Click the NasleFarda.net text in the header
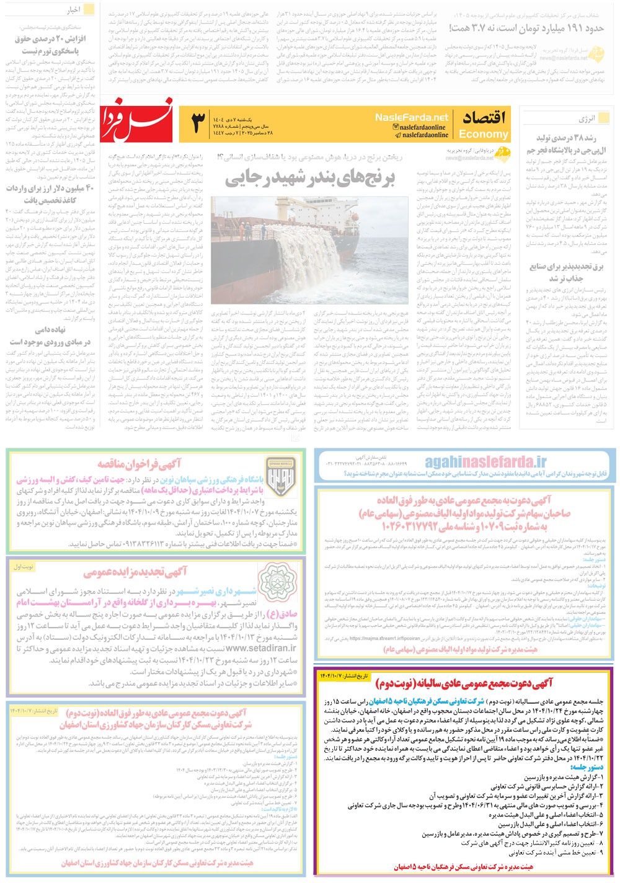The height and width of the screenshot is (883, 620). click(411, 117)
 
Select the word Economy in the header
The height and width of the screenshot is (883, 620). click(483, 134)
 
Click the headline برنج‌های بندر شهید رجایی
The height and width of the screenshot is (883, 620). click(309, 179)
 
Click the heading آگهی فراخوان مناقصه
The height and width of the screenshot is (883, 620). click(139, 464)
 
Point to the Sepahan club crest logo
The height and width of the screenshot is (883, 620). click(281, 478)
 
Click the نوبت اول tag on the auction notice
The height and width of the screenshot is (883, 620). click(24, 567)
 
